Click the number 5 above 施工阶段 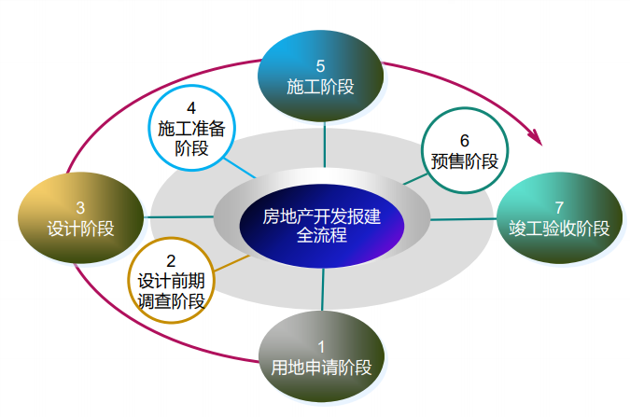320,66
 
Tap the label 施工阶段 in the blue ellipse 320,87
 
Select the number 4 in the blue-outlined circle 191,108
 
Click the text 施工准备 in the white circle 190,129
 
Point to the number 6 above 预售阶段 464,140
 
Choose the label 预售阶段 464,160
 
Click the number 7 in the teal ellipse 559,207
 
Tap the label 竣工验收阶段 559,229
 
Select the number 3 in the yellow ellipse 80,207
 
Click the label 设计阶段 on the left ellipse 80,228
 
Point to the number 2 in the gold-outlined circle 171,259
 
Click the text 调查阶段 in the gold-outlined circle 171,300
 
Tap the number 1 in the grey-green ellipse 321,347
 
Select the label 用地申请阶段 321,368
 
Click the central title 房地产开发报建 321,216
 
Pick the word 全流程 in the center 321,236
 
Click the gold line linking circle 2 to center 232,263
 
